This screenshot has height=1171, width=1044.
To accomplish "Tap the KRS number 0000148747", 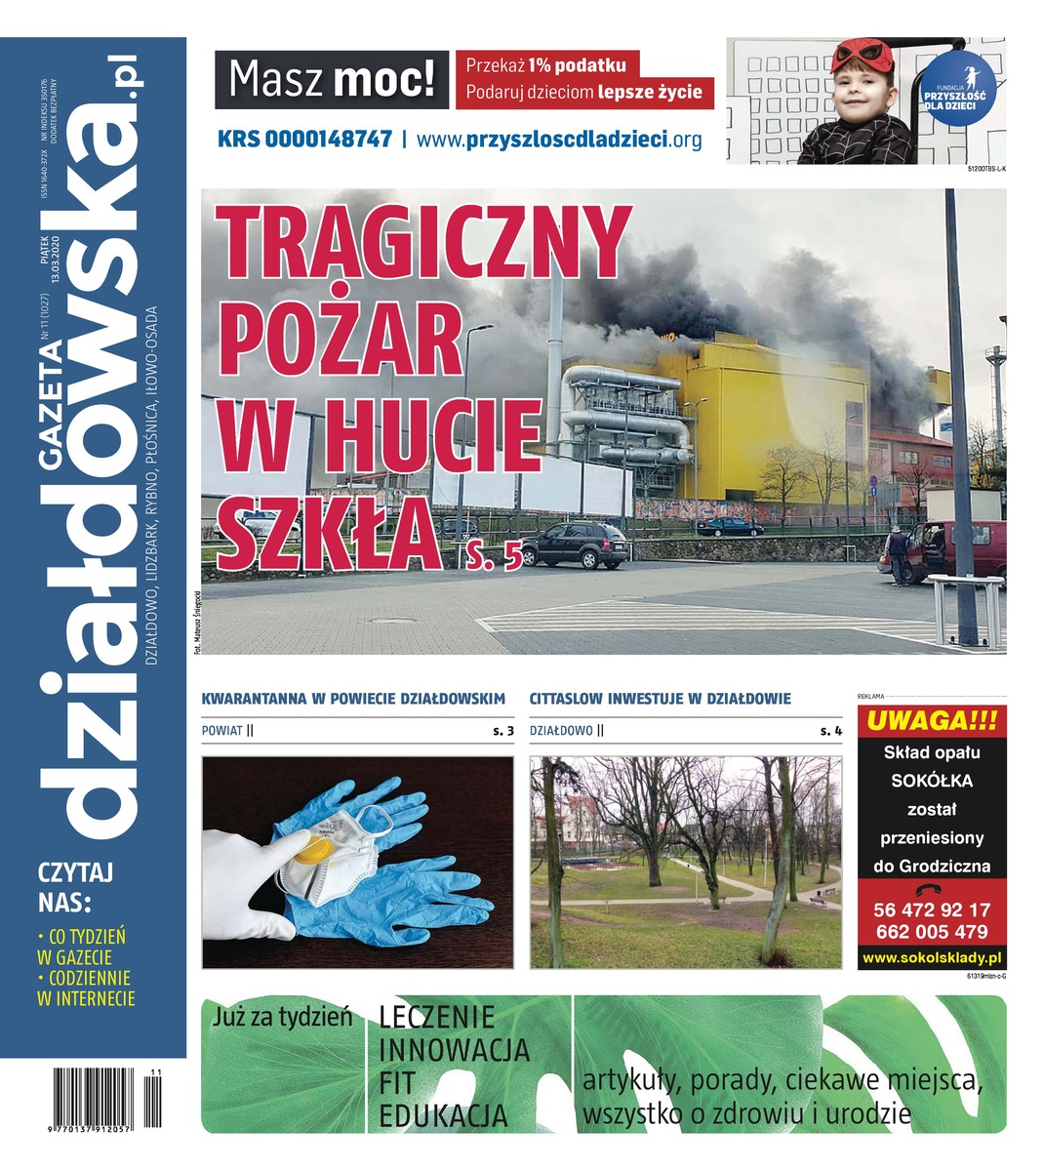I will click(x=304, y=139).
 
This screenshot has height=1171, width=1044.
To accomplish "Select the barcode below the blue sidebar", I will click(x=108, y=1098).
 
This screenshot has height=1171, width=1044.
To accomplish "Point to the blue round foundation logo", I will click(x=959, y=90).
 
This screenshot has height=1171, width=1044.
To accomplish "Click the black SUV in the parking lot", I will click(x=576, y=545).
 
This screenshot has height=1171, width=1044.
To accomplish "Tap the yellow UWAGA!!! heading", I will click(x=932, y=722).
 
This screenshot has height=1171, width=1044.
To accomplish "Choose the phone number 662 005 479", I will click(x=932, y=931).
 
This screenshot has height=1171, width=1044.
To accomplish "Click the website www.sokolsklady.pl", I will click(x=932, y=958).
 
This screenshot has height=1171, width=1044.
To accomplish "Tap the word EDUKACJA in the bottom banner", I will click(x=444, y=1115).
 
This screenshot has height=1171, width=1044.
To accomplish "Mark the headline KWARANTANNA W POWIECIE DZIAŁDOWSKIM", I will click(x=353, y=699).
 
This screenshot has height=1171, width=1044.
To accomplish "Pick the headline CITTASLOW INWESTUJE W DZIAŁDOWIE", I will click(x=660, y=699).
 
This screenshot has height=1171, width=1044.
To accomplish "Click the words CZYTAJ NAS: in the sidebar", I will click(x=76, y=883).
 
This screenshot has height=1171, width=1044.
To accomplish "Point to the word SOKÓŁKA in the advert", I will click(x=932, y=781).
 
